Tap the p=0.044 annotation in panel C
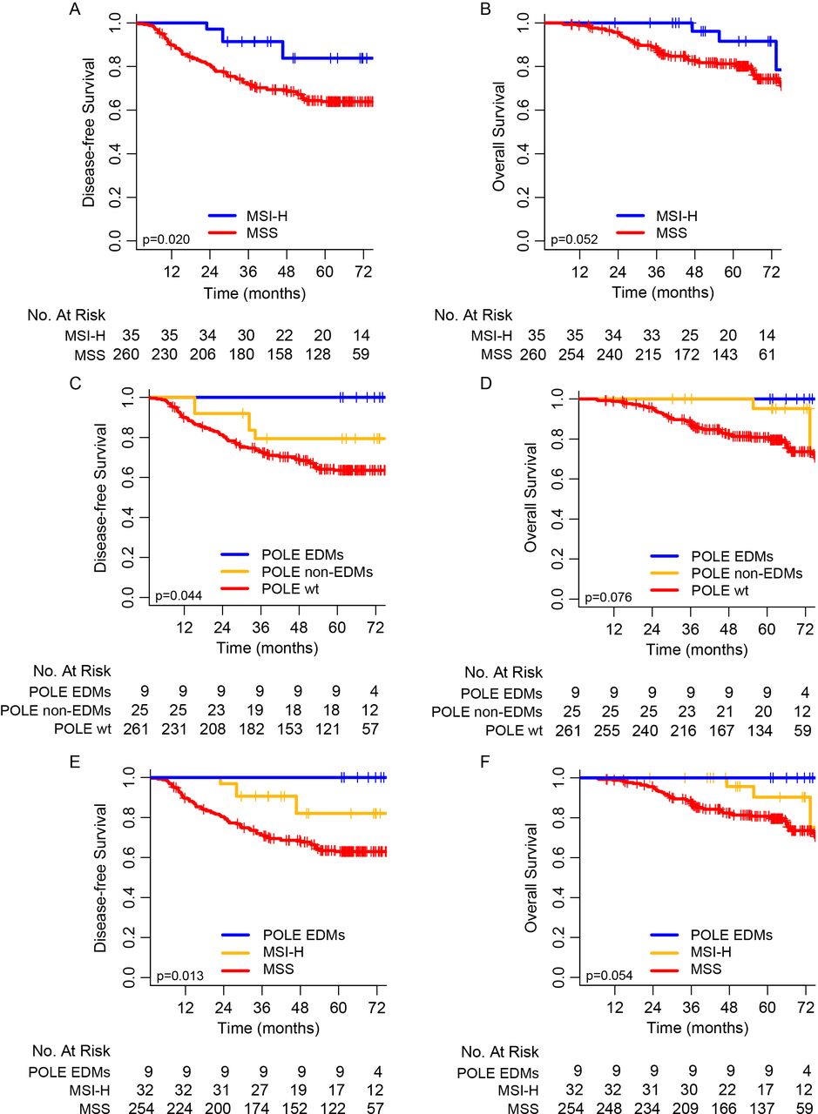(x=179, y=596)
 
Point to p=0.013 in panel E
(x=179, y=975)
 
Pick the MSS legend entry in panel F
(x=707, y=969)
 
